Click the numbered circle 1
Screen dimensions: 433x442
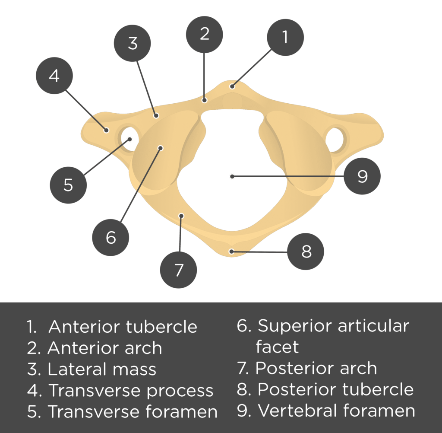coord(285,38)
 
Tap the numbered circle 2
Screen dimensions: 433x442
coord(204,34)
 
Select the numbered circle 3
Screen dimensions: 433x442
coord(133,44)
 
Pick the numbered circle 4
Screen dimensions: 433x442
coord(54,76)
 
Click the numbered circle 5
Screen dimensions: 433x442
coord(68,185)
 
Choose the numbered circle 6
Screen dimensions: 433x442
coord(111,237)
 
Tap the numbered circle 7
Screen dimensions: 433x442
coord(179,271)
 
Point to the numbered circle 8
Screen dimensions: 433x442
coord(306,252)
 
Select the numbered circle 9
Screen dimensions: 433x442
coord(362,176)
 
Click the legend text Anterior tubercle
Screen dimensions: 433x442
coord(123,327)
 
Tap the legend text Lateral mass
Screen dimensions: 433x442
coord(102,369)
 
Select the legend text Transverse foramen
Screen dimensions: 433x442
coord(132,411)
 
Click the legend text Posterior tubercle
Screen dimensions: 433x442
coord(335,389)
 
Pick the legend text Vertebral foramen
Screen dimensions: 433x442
coord(336,411)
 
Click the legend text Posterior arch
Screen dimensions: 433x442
coord(316,368)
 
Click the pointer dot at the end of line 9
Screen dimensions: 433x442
coord(232,176)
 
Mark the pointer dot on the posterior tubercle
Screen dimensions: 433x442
coord(231,251)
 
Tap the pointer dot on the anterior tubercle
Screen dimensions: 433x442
coord(232,86)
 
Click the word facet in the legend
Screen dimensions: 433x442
coord(277,347)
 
